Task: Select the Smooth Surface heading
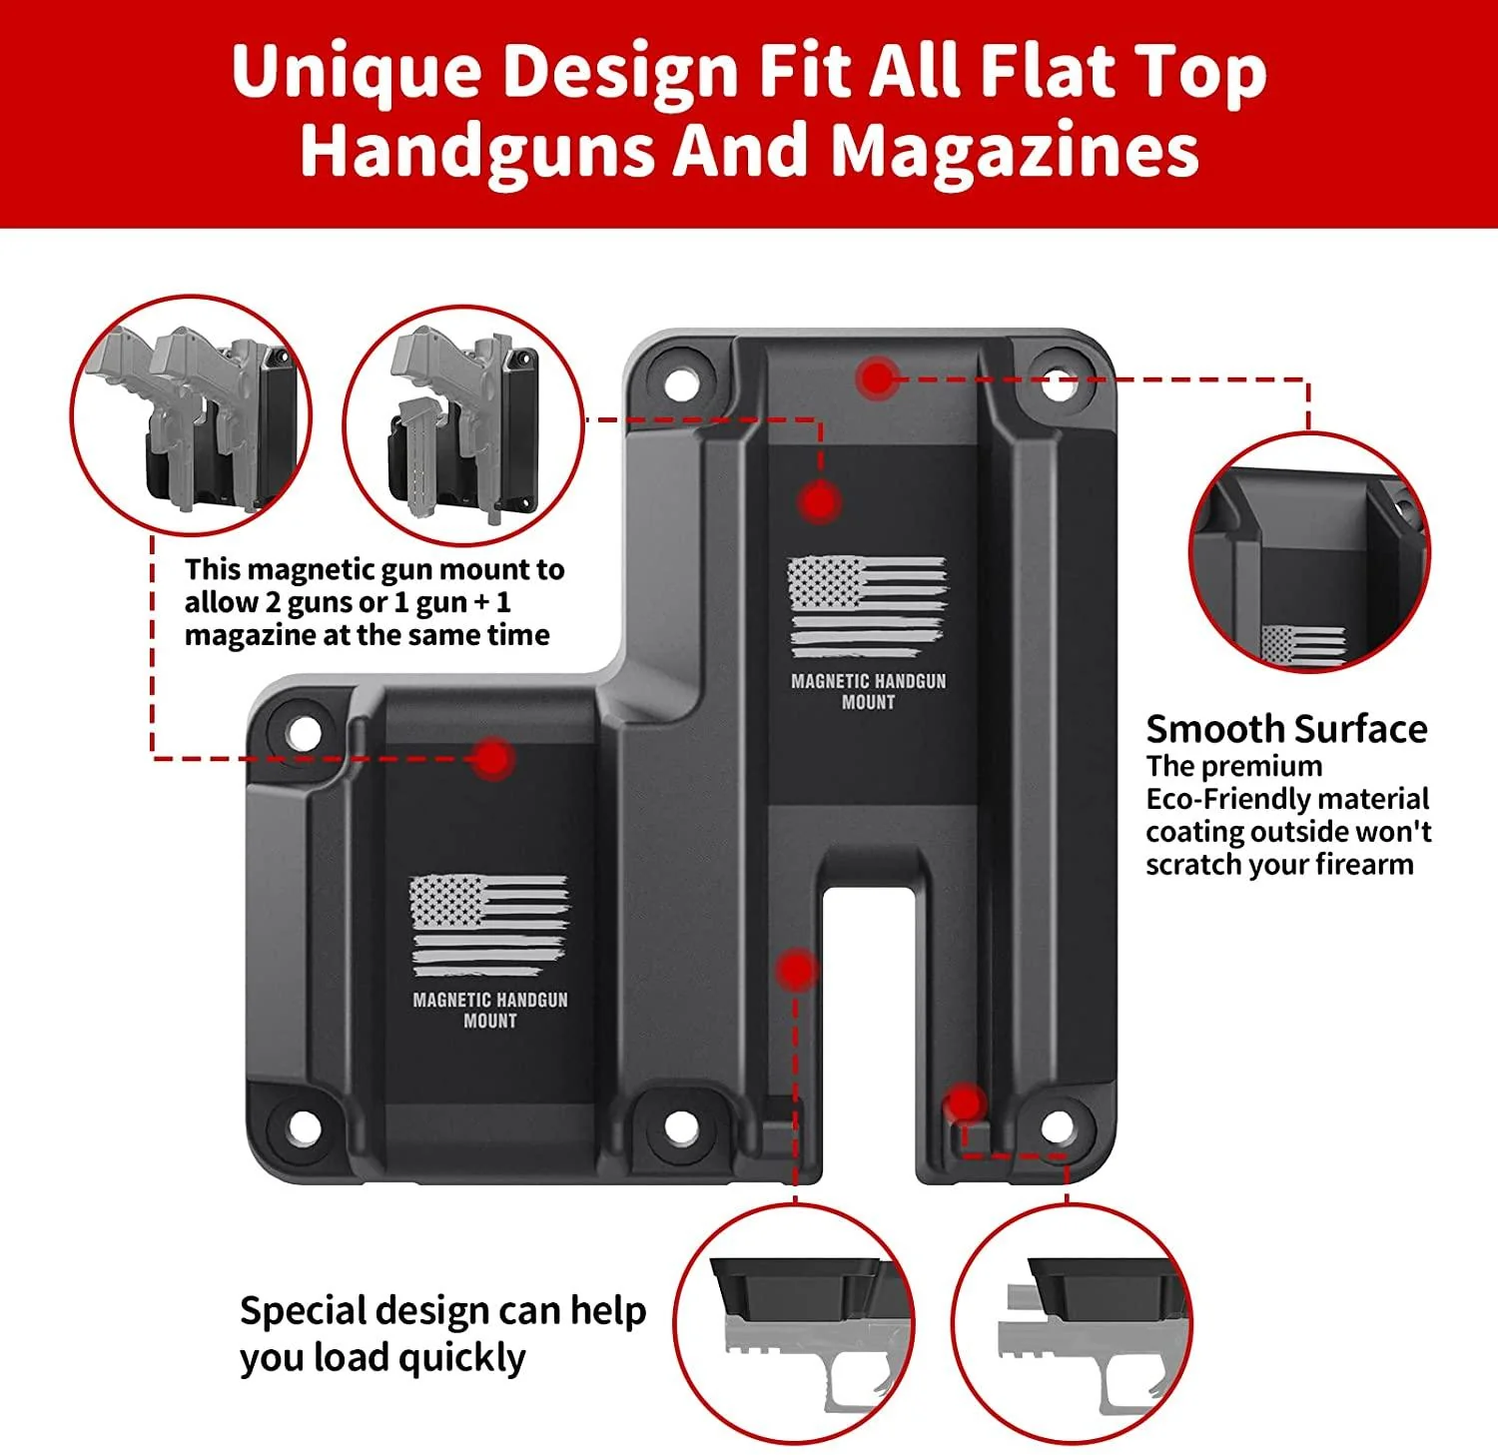[x=1286, y=729]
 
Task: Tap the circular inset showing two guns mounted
[x=191, y=414]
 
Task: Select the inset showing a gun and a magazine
[x=463, y=424]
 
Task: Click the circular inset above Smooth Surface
[x=1309, y=552]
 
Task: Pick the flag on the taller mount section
[x=867, y=606]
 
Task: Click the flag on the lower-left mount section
[x=488, y=925]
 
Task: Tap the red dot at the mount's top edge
[x=878, y=378]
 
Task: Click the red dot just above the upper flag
[x=819, y=502]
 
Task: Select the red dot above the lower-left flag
[x=492, y=759]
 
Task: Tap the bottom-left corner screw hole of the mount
[x=304, y=1127]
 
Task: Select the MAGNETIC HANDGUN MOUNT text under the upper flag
[x=868, y=691]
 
